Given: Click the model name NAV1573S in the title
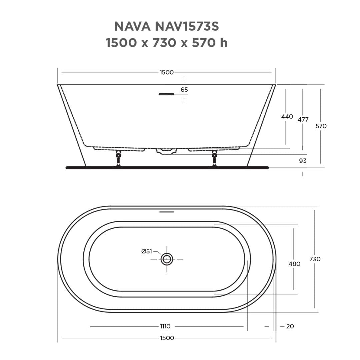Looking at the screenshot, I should pos(187,26).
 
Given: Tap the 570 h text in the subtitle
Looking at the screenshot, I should pos(210,43).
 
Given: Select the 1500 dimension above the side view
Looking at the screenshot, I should pos(167,72).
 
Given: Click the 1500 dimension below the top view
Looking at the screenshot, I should pos(167,338).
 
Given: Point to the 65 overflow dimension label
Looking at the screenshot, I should pos(184,90).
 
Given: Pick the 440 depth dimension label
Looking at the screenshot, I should pos(287,117).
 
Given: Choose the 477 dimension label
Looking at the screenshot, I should pos(303,120).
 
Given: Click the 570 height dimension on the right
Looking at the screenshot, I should pos(321,126).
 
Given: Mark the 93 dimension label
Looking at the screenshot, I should pos(303,161).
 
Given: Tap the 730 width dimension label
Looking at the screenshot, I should pos(315,259).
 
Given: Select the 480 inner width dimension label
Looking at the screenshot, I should pos(294,264).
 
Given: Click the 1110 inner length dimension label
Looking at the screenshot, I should pos(165,326).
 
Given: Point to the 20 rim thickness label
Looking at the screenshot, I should pos(290,326).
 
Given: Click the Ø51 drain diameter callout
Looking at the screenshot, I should pos(147,251).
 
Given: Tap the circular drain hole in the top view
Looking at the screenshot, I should pos(167,259).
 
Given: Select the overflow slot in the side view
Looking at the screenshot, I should pos(167,94).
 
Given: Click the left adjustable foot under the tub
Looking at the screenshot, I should pos(118,158).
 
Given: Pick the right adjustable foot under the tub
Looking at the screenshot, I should pos(214,158).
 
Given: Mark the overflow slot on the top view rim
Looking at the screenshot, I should pos(167,212).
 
